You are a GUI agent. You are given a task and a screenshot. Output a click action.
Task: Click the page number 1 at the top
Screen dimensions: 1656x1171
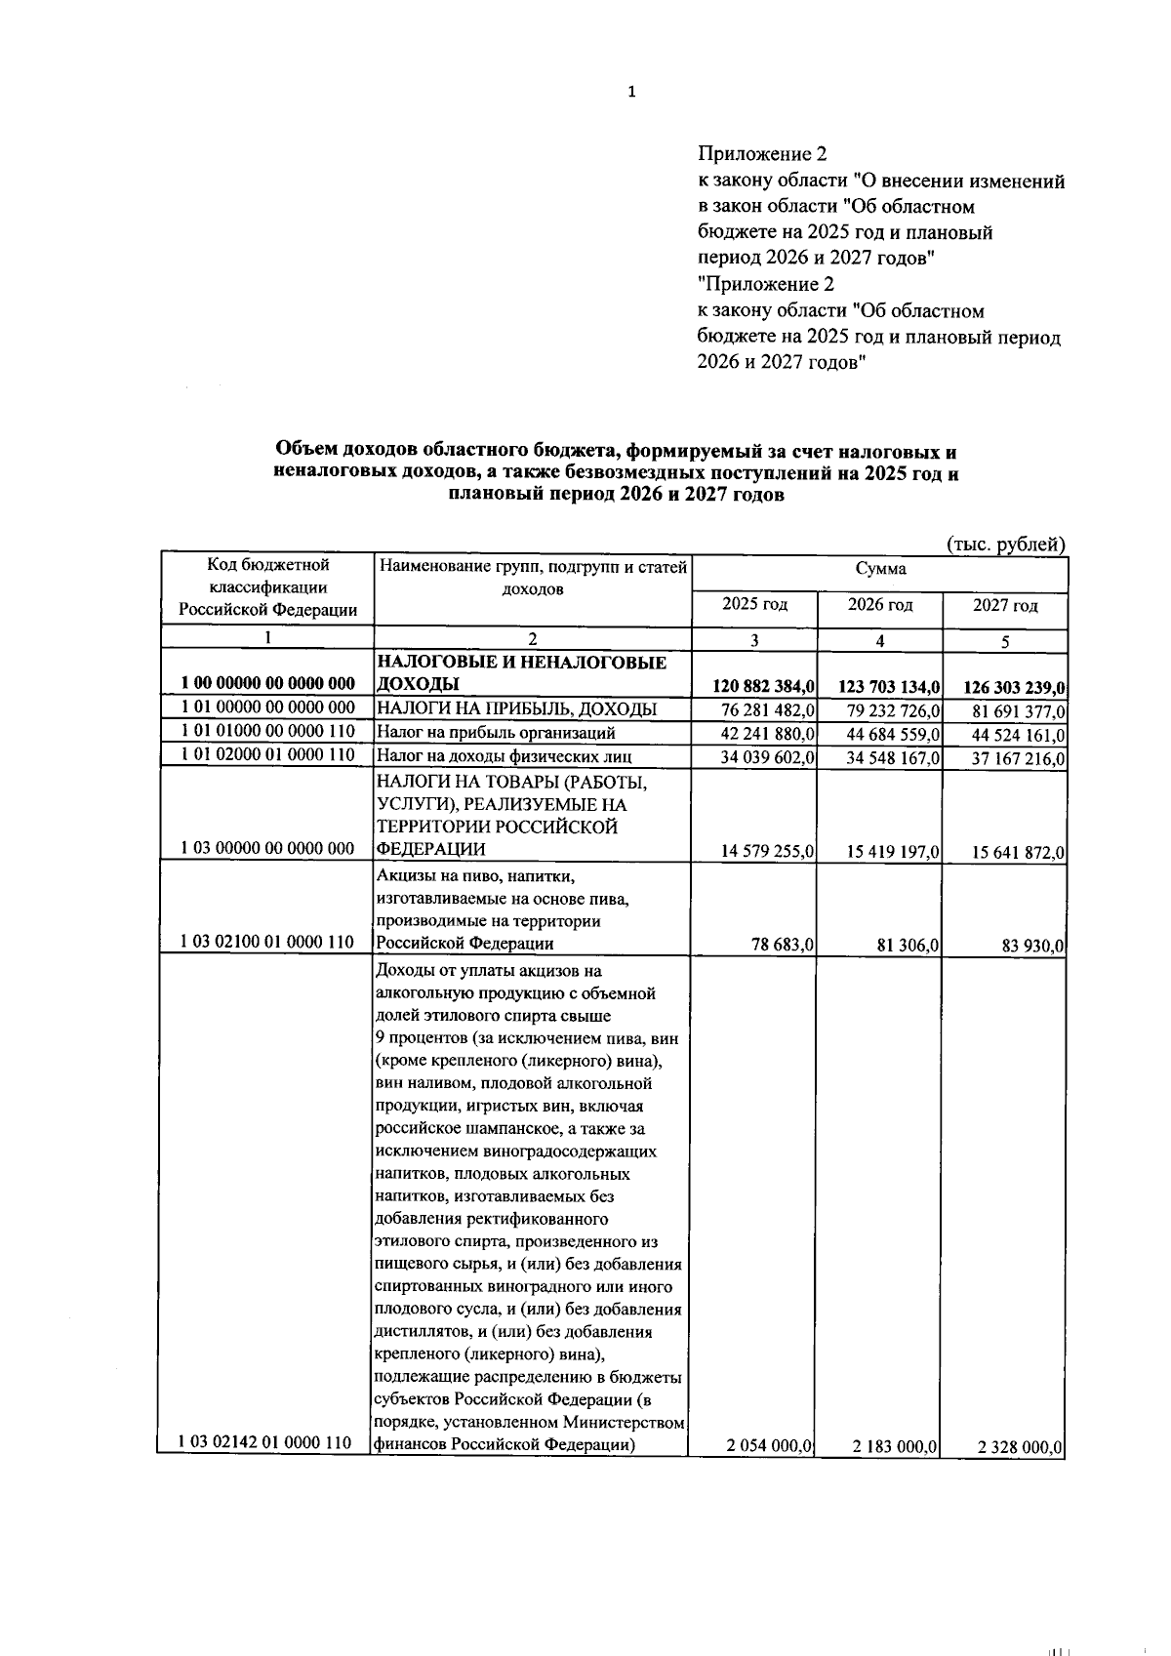pyautogui.click(x=631, y=93)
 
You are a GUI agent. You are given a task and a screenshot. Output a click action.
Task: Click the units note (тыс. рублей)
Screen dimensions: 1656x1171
pyautogui.click(x=1006, y=545)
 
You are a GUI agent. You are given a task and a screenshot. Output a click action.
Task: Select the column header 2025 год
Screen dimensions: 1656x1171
pyautogui.click(x=754, y=604)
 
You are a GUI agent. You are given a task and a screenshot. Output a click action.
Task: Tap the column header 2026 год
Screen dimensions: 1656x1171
pyautogui.click(x=880, y=604)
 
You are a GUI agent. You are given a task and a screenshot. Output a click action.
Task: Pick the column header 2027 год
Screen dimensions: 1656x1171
pyautogui.click(x=1005, y=605)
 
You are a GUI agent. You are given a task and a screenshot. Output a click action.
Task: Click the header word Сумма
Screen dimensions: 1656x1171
pyautogui.click(x=880, y=569)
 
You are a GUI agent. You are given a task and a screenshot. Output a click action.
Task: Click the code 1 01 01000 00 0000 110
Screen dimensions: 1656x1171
pyautogui.click(x=266, y=731)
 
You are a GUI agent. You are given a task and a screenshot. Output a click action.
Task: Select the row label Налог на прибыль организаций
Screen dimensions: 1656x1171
pyautogui.click(x=496, y=732)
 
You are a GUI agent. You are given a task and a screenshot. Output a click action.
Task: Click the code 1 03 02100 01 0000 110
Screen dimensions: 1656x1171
pyautogui.click(x=266, y=943)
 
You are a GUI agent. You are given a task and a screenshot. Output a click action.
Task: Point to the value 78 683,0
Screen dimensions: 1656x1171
pyautogui.click(x=783, y=945)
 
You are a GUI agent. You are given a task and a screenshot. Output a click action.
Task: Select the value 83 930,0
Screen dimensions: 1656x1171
pyautogui.click(x=1033, y=946)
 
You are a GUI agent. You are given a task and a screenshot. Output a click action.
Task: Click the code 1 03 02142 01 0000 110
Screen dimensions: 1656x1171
pyautogui.click(x=266, y=1442)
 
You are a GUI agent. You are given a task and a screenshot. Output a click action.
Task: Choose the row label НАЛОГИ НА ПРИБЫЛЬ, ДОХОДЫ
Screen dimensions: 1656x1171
pyautogui.click(x=516, y=708)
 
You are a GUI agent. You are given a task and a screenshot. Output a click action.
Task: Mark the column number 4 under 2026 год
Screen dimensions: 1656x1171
pyautogui.click(x=880, y=641)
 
